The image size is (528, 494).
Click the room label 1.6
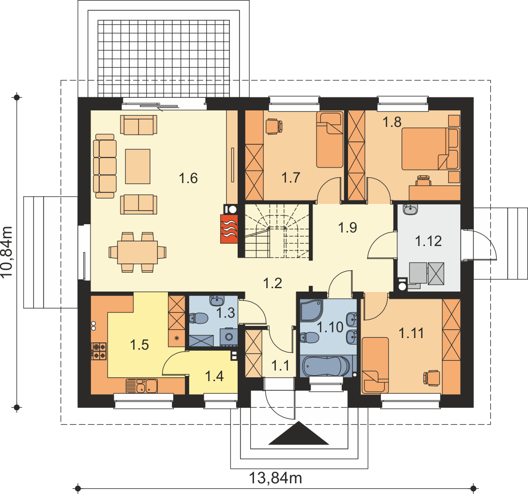click(188, 178)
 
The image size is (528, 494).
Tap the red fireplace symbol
click(229, 229)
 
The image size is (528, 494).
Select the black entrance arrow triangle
click(299, 433)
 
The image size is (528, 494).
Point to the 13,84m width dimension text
click(275, 478)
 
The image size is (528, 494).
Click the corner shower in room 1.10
click(311, 310)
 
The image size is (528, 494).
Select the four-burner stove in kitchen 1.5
click(99, 352)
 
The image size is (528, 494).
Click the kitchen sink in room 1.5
click(142, 386)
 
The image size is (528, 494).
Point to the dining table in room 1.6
click(137, 252)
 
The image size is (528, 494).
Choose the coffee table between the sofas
click(138, 167)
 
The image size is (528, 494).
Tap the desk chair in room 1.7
click(274, 127)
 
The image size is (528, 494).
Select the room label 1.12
click(428, 241)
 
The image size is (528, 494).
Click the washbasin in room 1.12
click(410, 209)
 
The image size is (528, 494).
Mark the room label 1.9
click(347, 228)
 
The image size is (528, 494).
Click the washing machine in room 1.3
click(229, 337)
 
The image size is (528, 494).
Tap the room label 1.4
click(214, 376)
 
